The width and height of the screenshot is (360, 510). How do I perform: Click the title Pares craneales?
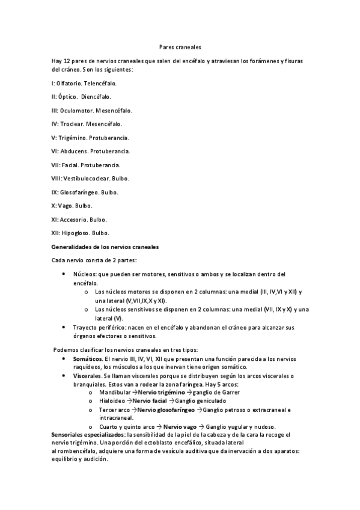coord(180,46)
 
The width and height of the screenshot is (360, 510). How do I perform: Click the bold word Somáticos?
coord(86,359)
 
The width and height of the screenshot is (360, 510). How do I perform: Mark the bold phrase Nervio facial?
coord(150,401)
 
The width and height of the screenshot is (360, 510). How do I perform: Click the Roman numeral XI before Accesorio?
coord(55,220)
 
